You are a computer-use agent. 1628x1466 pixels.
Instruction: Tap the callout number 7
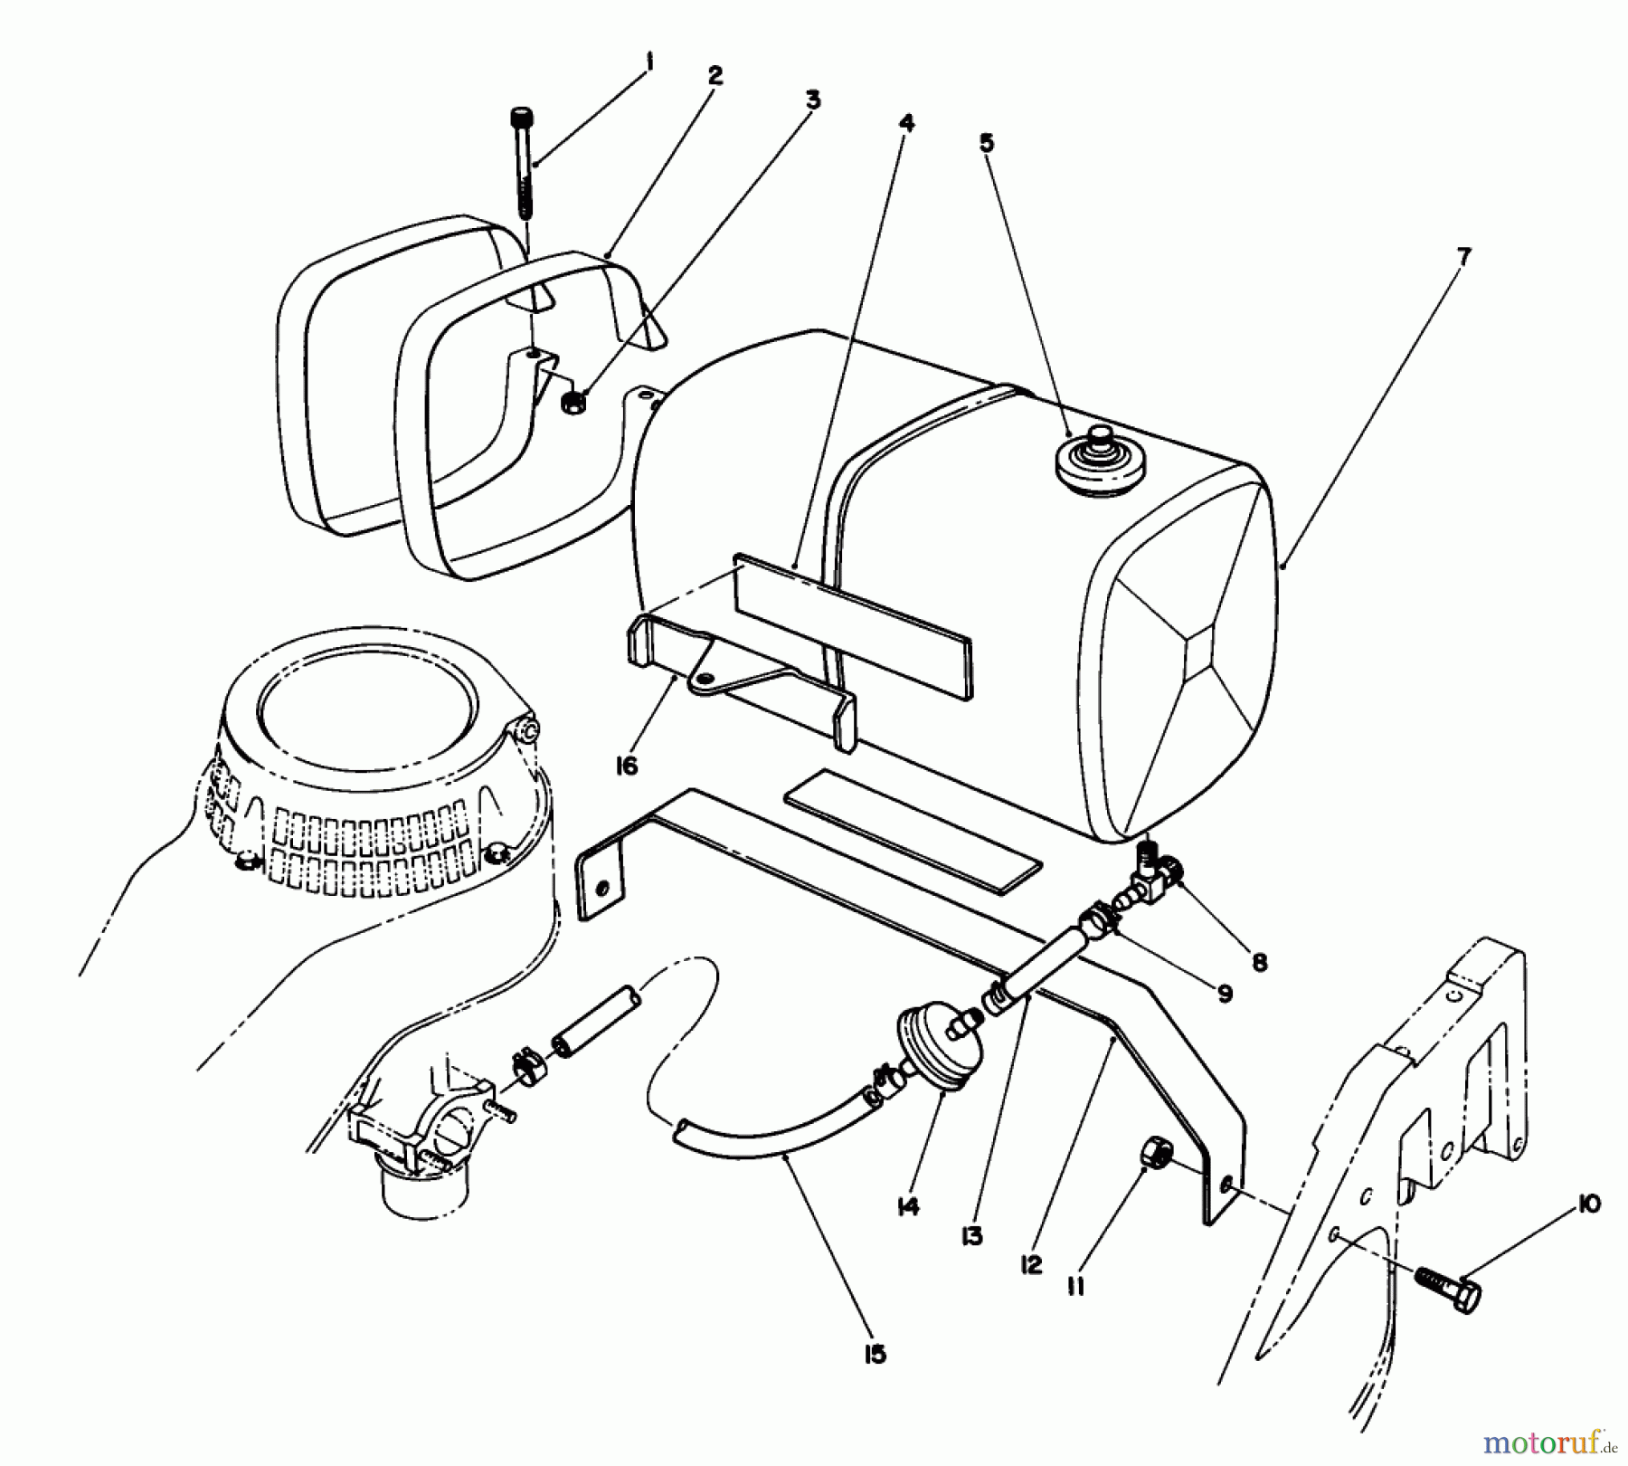pyautogui.click(x=1464, y=256)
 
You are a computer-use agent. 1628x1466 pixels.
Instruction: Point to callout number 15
pyautogui.click(x=874, y=1355)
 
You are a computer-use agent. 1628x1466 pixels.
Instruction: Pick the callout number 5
pyautogui.click(x=987, y=142)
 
